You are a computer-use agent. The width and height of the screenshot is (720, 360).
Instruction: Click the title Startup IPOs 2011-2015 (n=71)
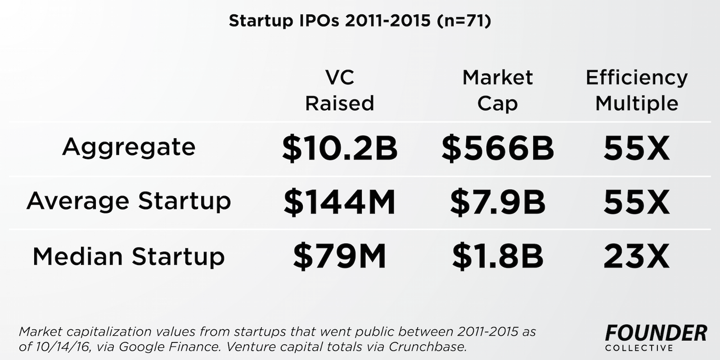360,21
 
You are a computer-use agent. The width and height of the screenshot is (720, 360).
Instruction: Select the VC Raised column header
340,90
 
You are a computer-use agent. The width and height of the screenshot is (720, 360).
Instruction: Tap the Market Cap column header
497,90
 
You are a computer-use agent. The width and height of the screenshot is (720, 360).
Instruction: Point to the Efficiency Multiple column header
636,90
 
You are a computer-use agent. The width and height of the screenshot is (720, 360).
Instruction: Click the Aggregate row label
129,147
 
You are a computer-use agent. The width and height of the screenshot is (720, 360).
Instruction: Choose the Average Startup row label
129,201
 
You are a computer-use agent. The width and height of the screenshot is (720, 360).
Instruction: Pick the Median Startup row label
129,256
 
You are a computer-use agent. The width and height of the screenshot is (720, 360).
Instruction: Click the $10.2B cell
340,148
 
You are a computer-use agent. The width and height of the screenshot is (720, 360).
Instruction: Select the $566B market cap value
497,148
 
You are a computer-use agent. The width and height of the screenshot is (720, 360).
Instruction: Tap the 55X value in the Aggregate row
636,148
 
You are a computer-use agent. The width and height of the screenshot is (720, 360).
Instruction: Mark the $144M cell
340,202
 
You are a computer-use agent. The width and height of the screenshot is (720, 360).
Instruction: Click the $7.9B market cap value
497,202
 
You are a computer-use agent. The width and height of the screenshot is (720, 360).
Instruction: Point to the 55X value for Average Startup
636,202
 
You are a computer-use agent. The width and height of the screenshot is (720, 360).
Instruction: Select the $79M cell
340,257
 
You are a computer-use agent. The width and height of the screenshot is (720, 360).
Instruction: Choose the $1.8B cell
497,257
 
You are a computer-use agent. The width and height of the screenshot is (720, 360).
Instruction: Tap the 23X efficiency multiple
636,257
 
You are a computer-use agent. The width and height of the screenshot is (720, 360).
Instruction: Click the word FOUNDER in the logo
656,333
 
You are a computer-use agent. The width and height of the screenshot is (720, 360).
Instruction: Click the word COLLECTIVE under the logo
639,348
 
